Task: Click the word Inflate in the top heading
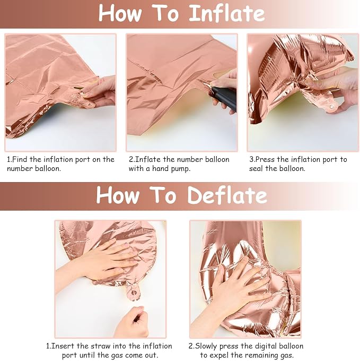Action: coord(227,13)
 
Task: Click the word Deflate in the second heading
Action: coord(227,195)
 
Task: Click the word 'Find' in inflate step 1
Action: coord(20,159)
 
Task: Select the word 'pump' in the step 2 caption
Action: coord(181,169)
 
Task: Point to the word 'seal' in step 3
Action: coord(256,168)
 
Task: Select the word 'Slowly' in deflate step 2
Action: coord(206,346)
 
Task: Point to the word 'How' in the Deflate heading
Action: coord(118,195)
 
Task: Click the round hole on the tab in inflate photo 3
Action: coord(331,106)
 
